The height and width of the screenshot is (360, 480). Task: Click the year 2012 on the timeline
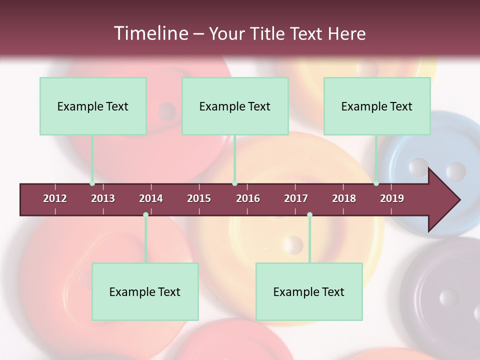[x=55, y=198]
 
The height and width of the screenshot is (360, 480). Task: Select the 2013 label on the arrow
[x=103, y=198]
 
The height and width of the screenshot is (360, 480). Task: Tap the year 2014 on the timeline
[x=151, y=198]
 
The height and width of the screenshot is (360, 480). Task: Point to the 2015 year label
[x=199, y=198]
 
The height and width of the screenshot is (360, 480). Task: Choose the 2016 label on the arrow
[x=248, y=198]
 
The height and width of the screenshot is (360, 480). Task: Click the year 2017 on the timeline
[x=296, y=198]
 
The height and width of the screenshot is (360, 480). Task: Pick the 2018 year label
[x=344, y=198]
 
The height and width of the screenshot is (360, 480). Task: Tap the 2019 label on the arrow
[x=392, y=198]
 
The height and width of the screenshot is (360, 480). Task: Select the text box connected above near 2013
[x=93, y=106]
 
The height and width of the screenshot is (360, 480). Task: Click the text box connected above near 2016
[x=235, y=106]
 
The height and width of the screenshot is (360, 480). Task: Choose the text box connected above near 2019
[x=377, y=106]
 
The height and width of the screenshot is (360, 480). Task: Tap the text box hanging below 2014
[x=145, y=291]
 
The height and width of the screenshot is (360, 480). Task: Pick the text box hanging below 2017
[x=309, y=291]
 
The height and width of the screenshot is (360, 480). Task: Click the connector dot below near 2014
[x=145, y=215]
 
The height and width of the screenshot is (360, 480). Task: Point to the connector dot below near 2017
[x=309, y=215]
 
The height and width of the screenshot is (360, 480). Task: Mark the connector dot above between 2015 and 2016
[x=234, y=183]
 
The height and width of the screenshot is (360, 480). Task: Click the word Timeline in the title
[x=150, y=33]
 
